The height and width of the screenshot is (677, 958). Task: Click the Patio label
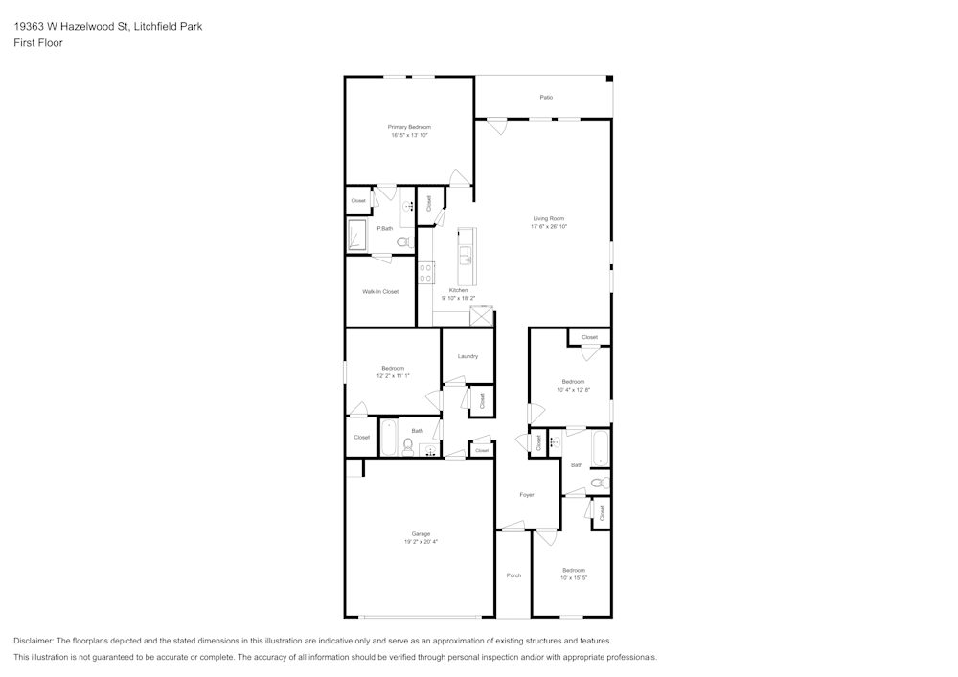point(546,97)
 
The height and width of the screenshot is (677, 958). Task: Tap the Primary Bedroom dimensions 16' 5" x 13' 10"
point(409,136)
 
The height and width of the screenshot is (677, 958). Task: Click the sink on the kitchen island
point(466,254)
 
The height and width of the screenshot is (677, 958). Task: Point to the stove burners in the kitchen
point(424,271)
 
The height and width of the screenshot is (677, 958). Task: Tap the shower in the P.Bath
point(356,234)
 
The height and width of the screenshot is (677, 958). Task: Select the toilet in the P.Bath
point(404,242)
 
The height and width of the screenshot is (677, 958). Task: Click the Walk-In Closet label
point(380,291)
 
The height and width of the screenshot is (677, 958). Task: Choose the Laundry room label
point(468,356)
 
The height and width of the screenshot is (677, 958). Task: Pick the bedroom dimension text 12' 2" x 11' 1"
point(392,376)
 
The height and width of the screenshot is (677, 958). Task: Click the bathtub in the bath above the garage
point(389,439)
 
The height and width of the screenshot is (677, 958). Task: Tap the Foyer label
point(527,494)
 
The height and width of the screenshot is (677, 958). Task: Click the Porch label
point(513,575)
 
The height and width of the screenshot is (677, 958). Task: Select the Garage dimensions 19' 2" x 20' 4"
point(421,542)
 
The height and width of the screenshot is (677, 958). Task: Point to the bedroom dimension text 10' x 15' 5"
point(573,577)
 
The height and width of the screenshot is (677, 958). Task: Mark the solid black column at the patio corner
point(609,79)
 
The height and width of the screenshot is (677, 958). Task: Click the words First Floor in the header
point(38,43)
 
